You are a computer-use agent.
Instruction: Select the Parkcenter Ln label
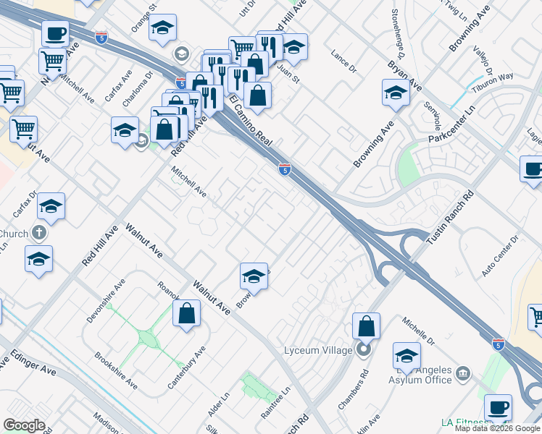(x=450, y=124)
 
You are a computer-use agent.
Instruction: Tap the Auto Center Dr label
(x=501, y=255)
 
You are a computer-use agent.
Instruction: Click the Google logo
(x=25, y=425)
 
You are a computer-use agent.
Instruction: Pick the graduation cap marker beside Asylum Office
(x=406, y=355)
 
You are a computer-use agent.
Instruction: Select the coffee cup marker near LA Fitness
(x=498, y=407)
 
